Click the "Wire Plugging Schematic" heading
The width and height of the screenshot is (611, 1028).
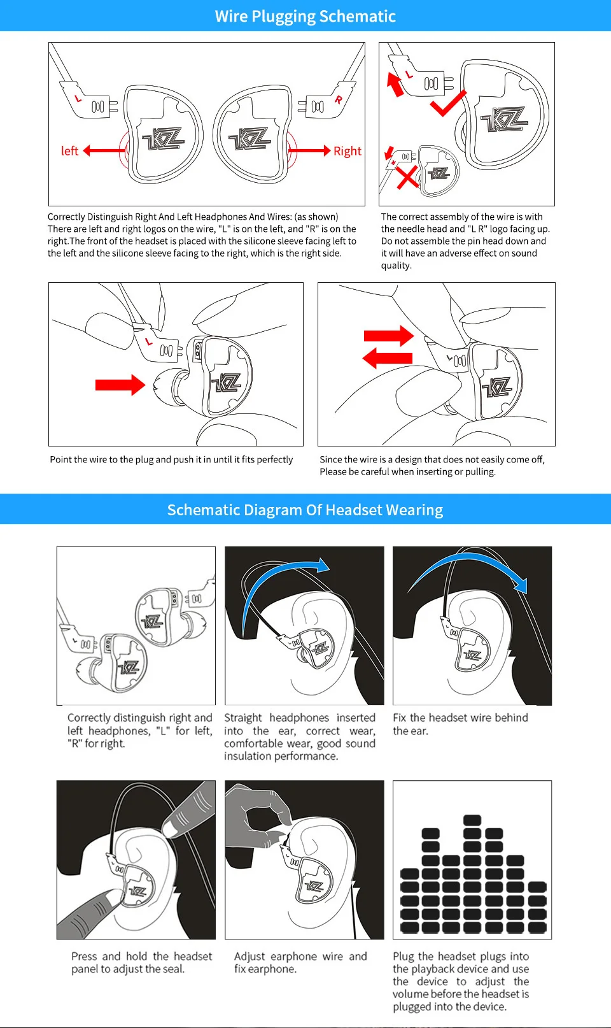point(305,16)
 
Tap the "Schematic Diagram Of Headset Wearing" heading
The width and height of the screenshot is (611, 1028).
point(305,510)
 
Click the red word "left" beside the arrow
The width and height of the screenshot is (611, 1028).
point(69,151)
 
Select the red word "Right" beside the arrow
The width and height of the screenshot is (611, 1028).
point(347,151)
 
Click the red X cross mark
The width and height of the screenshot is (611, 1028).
point(407,178)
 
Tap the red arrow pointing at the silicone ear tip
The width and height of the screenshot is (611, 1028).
point(120,385)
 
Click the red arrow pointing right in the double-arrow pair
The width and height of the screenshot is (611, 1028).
point(389,336)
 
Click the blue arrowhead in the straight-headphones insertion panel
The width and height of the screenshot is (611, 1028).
point(323,565)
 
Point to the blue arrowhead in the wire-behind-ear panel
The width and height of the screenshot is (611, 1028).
point(521,584)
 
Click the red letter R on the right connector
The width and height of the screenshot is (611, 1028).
point(338,99)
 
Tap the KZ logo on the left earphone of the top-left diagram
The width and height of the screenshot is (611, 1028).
point(163,139)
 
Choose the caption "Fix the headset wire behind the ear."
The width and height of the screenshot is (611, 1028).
point(460,724)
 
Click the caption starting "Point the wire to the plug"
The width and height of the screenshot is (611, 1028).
point(171,459)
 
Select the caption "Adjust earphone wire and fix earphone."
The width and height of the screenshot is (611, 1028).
point(300,962)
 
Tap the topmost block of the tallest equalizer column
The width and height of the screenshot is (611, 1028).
point(472,820)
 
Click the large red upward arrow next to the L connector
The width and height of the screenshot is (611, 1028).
point(395,85)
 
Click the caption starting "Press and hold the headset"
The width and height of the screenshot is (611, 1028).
point(141,962)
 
